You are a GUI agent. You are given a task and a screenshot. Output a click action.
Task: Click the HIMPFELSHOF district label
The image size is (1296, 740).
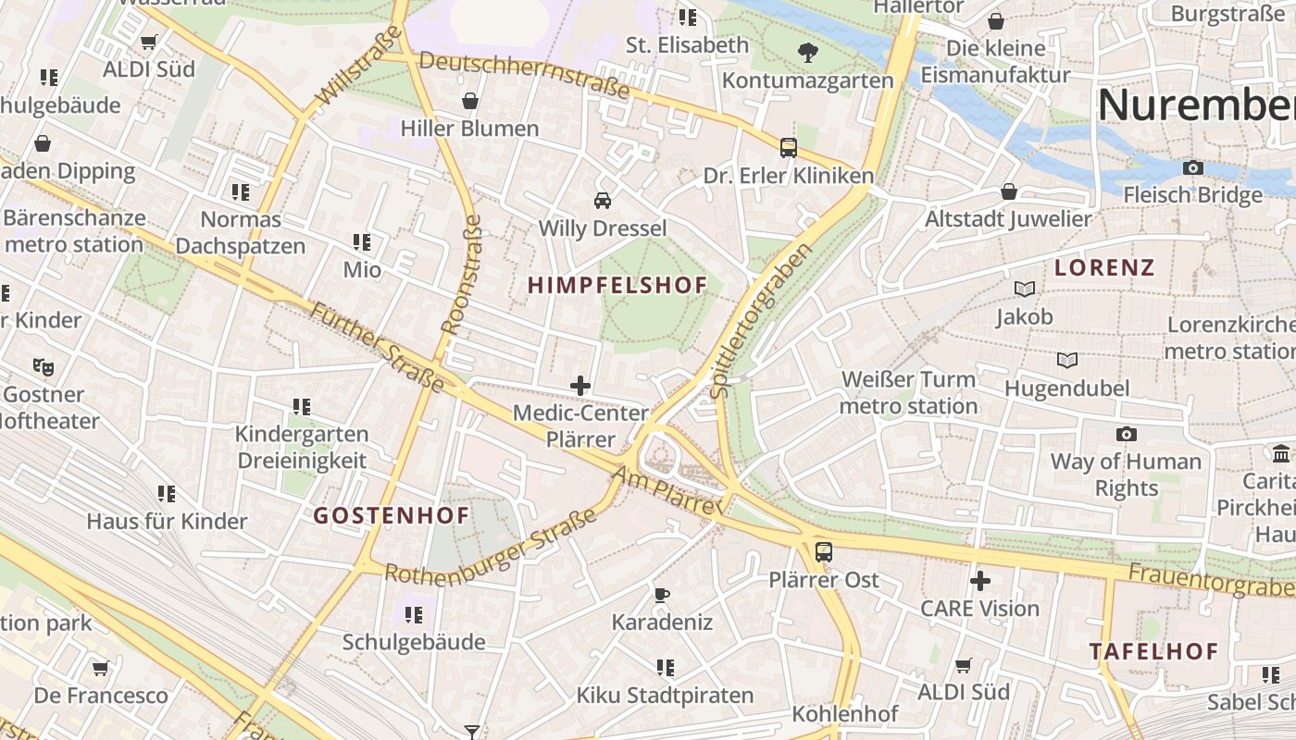(x=617, y=286)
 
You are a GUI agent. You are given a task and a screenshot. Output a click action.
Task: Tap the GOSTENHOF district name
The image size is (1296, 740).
(x=391, y=515)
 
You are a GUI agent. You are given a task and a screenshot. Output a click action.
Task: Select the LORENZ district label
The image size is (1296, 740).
(x=1104, y=268)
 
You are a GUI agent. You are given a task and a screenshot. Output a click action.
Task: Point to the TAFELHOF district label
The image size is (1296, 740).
(x=1153, y=651)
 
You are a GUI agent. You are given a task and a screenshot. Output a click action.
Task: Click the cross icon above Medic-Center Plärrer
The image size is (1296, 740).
(x=580, y=386)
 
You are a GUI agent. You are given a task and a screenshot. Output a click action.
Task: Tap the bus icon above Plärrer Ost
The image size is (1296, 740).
(x=823, y=552)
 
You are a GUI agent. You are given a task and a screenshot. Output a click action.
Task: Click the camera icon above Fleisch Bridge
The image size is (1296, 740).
(x=1193, y=167)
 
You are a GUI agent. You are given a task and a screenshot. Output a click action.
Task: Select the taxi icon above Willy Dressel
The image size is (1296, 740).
(x=602, y=200)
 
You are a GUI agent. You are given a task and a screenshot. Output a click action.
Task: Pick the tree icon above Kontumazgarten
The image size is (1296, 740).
(x=807, y=52)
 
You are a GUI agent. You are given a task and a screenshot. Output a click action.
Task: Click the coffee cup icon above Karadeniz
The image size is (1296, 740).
(x=661, y=594)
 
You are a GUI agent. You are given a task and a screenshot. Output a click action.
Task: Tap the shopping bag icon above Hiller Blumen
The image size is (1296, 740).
(x=469, y=100)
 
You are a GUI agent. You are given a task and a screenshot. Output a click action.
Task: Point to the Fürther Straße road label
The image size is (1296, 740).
(x=376, y=347)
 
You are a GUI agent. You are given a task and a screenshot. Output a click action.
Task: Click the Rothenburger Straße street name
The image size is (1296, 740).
(x=492, y=547)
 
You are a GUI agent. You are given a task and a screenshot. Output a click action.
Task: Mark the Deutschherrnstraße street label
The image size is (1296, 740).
(x=525, y=75)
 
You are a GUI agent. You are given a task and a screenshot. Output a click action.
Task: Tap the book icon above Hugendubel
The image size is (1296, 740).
(x=1066, y=360)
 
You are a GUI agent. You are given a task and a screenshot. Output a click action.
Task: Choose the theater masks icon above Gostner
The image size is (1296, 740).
(x=43, y=366)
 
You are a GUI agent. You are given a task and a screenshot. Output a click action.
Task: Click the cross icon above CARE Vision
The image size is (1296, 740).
(x=979, y=581)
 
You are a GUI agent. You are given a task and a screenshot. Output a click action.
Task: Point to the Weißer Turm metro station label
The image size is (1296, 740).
(x=908, y=392)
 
